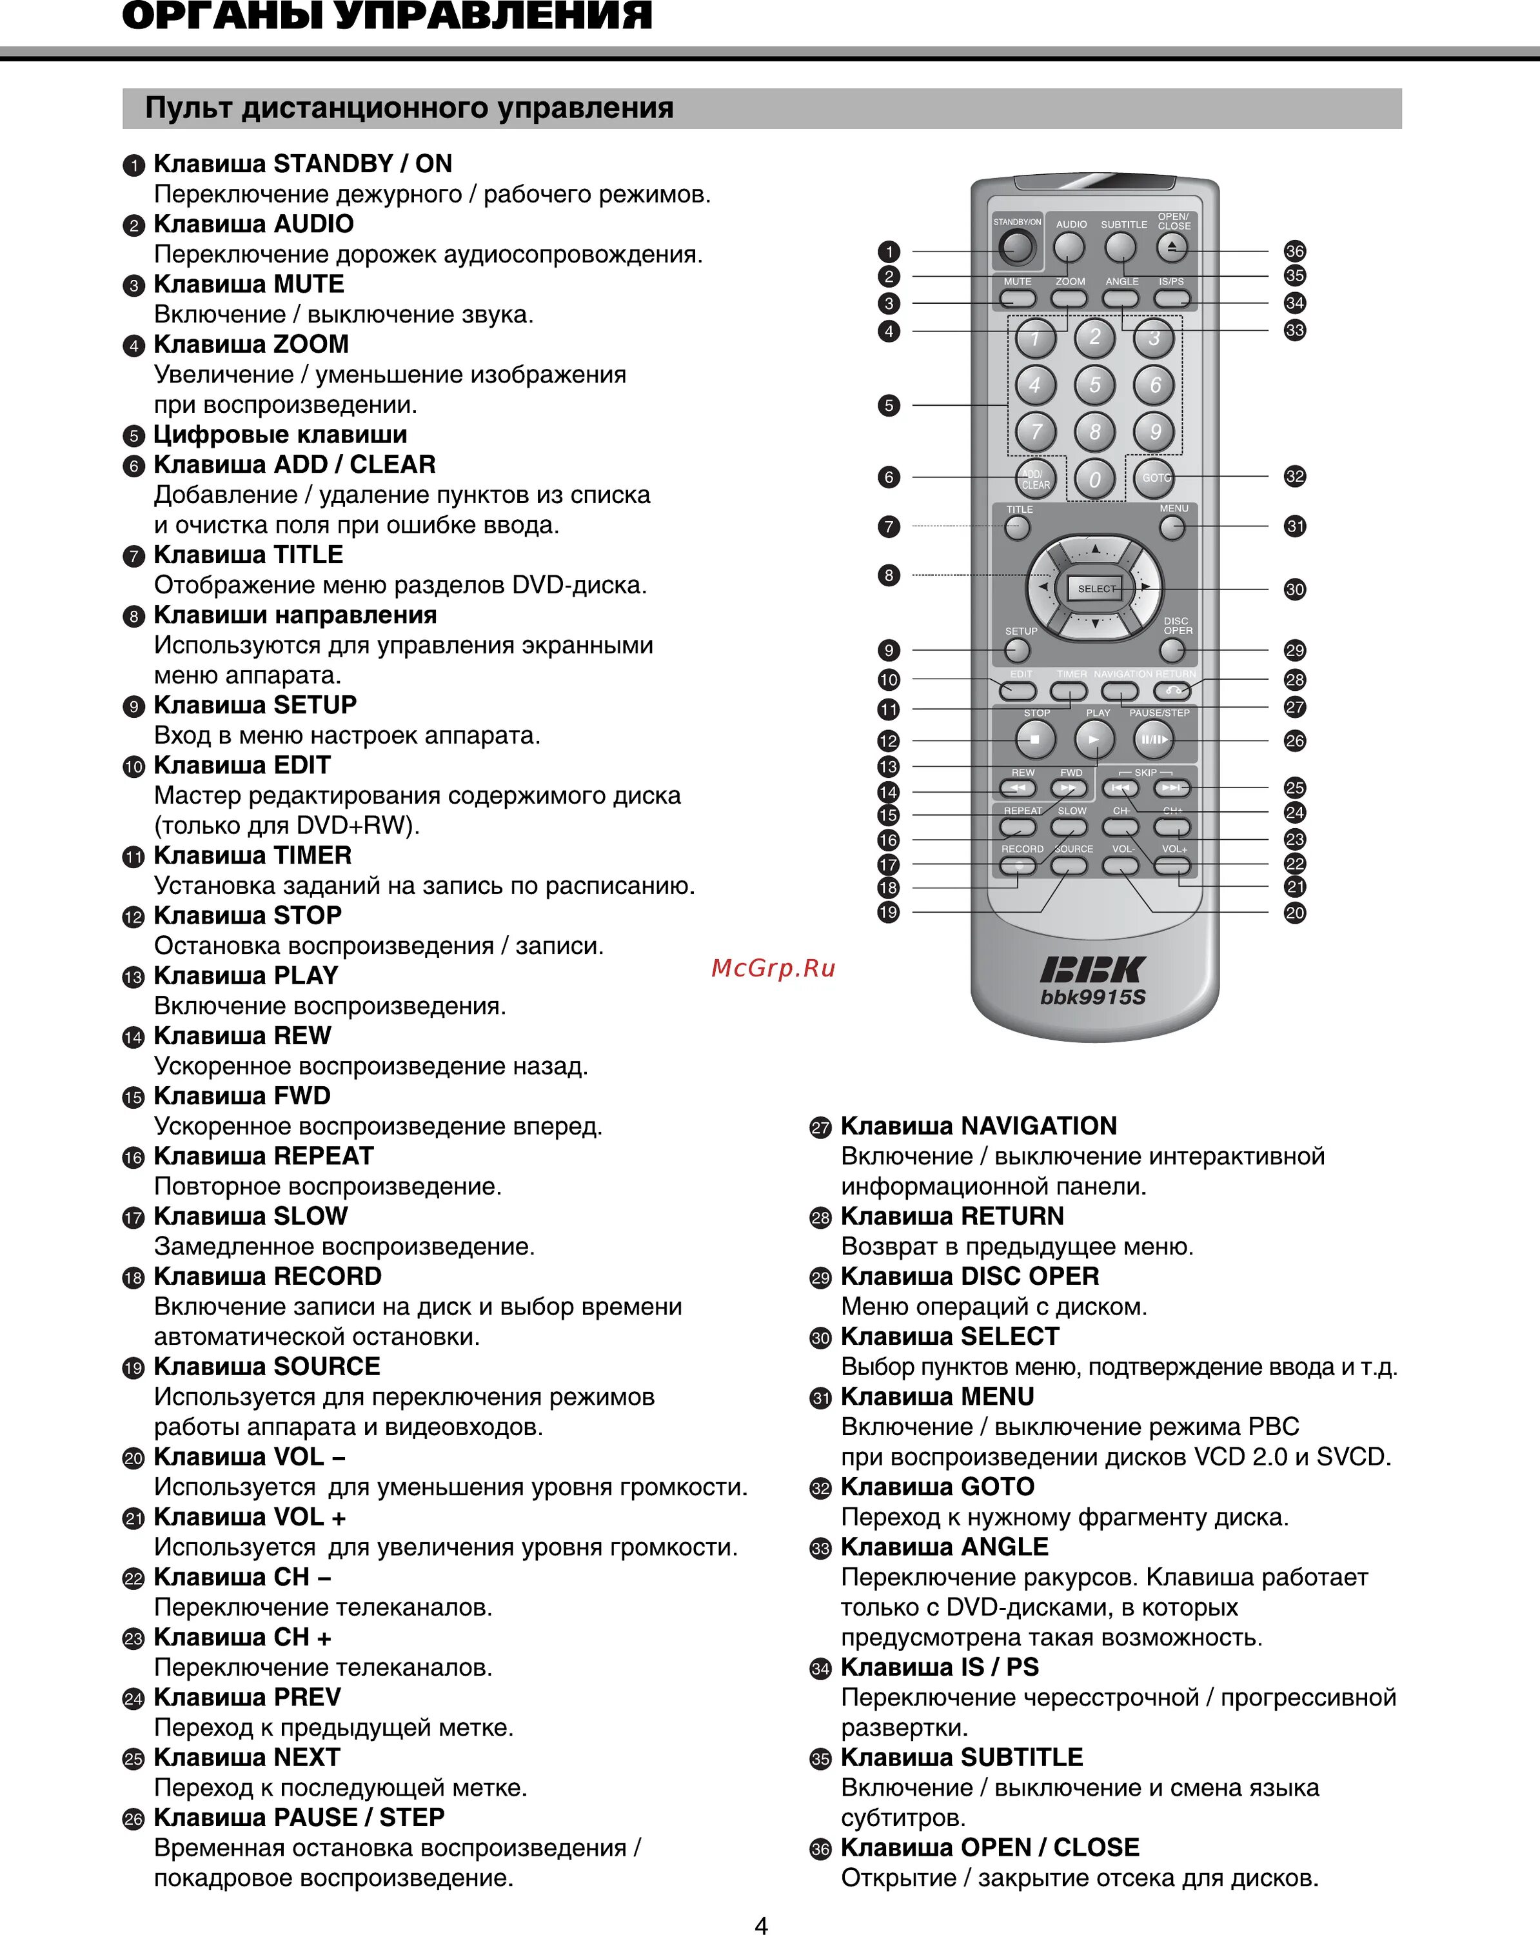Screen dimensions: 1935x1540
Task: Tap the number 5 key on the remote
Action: pos(1095,385)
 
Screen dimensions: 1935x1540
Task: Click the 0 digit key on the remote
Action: pos(1095,479)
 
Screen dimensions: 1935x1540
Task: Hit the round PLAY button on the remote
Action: pos(1094,740)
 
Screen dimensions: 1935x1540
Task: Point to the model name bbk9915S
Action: pos(1093,997)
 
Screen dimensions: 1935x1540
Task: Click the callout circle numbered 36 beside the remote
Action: pos(1294,252)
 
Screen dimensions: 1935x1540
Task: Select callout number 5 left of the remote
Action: pos(889,406)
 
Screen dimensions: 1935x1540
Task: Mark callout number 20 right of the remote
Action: pos(1294,913)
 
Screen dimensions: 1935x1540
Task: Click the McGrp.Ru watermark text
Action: pos(773,968)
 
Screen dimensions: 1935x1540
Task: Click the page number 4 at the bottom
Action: pos(761,1924)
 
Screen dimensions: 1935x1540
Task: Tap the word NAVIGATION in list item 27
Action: pos(1039,1126)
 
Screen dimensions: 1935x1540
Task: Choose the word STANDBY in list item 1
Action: pos(333,163)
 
